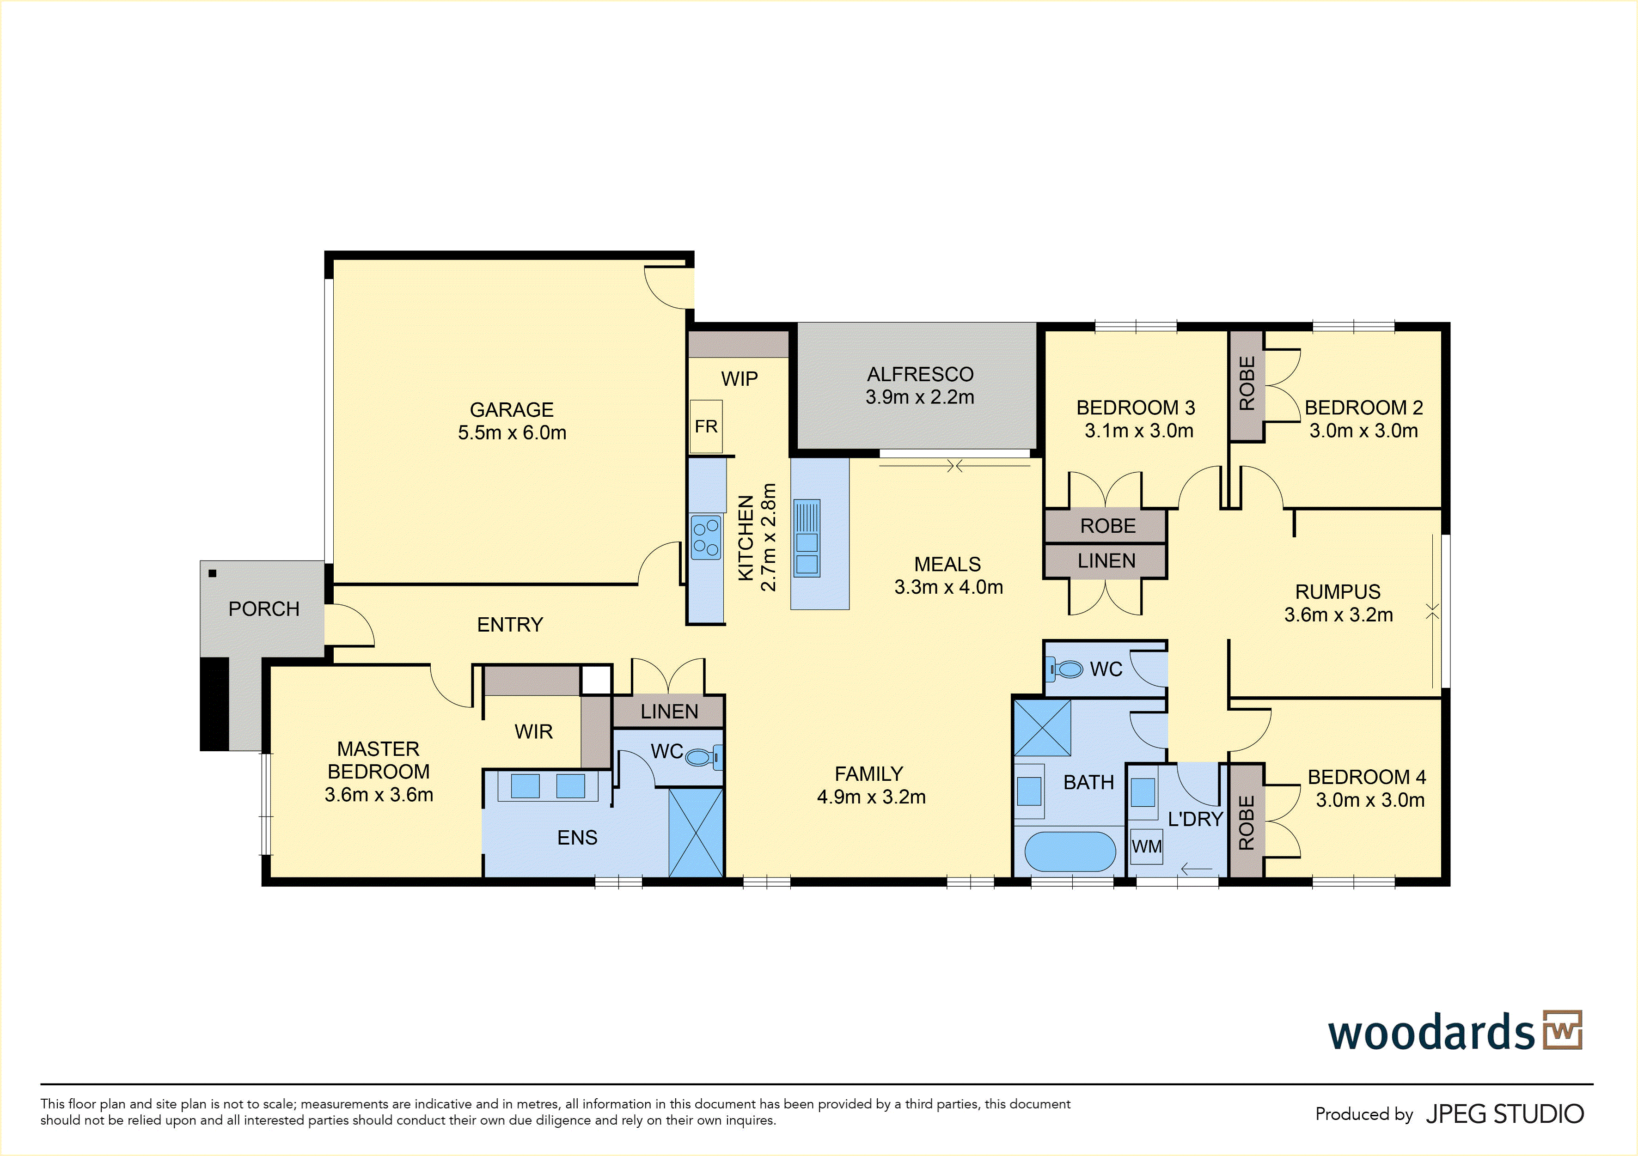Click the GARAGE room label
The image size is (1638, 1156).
tap(512, 409)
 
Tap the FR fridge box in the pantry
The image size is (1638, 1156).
tap(706, 426)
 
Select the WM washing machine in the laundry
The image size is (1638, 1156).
tap(1146, 846)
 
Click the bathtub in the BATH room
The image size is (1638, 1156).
tap(1070, 852)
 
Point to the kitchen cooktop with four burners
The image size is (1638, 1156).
tap(706, 537)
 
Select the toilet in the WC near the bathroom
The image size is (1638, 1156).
tap(1064, 669)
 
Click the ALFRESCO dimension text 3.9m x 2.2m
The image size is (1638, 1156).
tap(920, 397)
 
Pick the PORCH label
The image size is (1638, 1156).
tap(264, 609)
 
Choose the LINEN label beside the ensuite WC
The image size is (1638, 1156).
tap(669, 712)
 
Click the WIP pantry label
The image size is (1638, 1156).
tap(739, 379)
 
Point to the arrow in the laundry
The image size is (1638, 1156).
tap(1197, 870)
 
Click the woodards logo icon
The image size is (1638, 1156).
tap(1562, 1030)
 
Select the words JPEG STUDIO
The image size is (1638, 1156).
tap(1504, 1114)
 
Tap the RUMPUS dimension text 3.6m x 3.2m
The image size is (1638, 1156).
tap(1339, 615)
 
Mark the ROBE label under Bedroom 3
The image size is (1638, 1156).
tap(1107, 526)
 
